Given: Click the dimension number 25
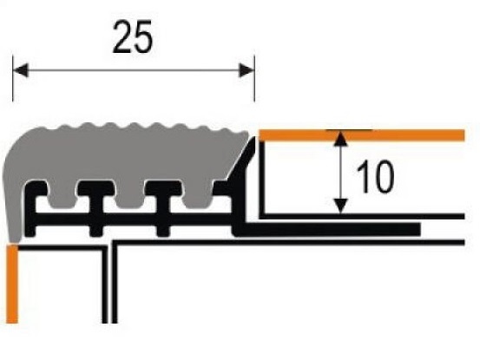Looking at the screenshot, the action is (x=132, y=37).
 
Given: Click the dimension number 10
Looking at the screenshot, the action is (x=375, y=177).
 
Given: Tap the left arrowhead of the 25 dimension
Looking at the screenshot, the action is (x=21, y=70).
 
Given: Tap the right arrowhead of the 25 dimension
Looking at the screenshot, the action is (x=247, y=70).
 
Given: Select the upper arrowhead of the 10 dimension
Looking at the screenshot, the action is (x=341, y=138).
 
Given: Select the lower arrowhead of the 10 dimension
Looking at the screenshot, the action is (x=341, y=206).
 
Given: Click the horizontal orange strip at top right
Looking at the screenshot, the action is (x=362, y=135).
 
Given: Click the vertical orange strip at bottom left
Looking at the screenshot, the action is (x=12, y=284).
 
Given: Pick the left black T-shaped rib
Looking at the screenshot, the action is (x=96, y=208).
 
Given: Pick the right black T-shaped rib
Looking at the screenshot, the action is (x=163, y=208).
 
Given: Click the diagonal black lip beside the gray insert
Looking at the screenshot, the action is (x=243, y=162).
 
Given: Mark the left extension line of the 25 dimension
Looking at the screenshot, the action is (x=13, y=78).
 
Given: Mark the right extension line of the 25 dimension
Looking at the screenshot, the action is (x=254, y=78).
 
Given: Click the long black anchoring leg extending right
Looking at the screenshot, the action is (x=327, y=229).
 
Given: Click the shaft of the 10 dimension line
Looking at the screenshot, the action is (x=341, y=172).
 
